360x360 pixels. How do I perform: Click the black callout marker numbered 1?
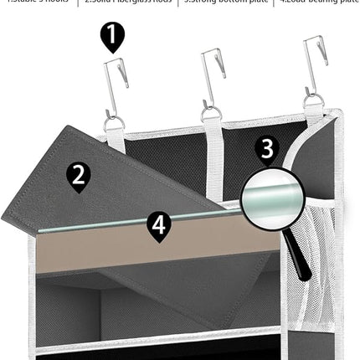112,36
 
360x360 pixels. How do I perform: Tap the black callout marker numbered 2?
78,175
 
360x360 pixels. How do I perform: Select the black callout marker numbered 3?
266,148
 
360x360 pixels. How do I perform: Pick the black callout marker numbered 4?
159,225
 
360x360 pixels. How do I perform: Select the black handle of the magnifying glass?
300,260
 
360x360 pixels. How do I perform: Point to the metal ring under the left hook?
114,122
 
